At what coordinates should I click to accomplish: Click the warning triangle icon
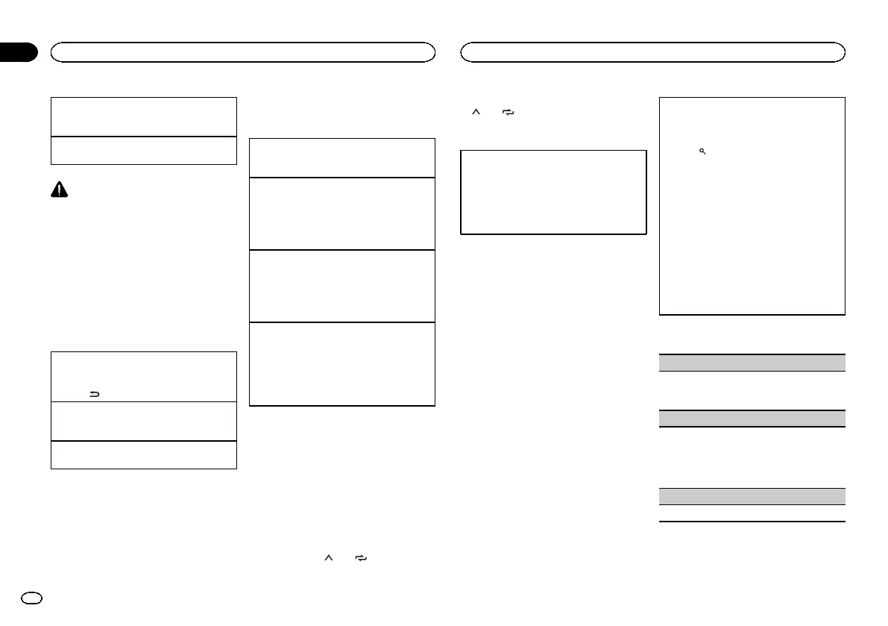(59, 190)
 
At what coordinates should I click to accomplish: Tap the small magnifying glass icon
(702, 151)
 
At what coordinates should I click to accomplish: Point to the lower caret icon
(327, 557)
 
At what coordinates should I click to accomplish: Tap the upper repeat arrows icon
(508, 112)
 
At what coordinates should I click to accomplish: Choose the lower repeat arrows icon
(362, 557)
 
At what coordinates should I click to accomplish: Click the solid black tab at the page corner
(18, 52)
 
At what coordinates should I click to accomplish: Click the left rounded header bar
(242, 51)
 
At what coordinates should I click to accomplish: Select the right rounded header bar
(653, 51)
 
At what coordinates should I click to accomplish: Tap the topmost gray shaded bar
(752, 363)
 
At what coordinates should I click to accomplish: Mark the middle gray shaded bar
(752, 418)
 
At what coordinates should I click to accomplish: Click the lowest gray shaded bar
(752, 496)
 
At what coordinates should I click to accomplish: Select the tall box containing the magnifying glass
(752, 205)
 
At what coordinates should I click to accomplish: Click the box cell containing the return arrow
(143, 377)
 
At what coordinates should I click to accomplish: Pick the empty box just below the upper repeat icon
(553, 193)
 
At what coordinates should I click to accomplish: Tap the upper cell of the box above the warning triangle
(143, 116)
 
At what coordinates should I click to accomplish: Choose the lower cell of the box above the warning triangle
(143, 150)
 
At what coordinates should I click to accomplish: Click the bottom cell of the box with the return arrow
(143, 454)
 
